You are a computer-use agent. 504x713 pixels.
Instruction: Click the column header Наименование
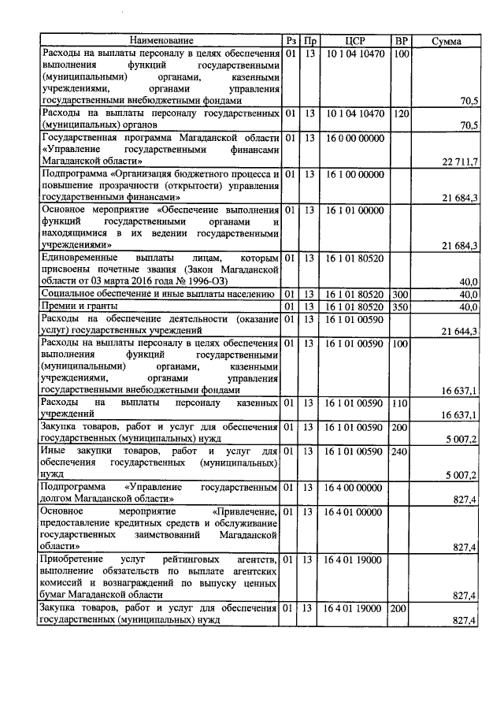point(161,41)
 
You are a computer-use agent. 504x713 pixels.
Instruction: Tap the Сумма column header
point(447,41)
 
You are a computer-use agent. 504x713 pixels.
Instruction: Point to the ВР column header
point(401,41)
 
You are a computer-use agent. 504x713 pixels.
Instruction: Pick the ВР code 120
point(401,113)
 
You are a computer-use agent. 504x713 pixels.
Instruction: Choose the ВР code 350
point(401,306)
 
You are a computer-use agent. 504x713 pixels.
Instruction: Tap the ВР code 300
point(401,293)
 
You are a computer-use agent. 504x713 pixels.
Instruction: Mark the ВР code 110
point(401,403)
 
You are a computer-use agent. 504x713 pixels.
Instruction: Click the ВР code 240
point(401,451)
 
